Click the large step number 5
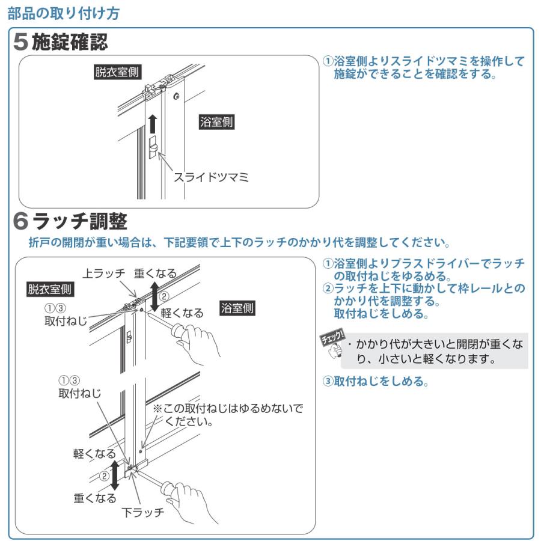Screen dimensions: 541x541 21,43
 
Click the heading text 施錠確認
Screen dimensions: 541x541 69,43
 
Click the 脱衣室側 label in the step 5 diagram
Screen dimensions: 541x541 117,72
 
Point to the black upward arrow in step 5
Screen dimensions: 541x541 153,123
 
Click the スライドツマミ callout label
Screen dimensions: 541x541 211,177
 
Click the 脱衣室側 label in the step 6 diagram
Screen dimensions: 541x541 50,290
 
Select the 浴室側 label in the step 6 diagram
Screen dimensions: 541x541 237,308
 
